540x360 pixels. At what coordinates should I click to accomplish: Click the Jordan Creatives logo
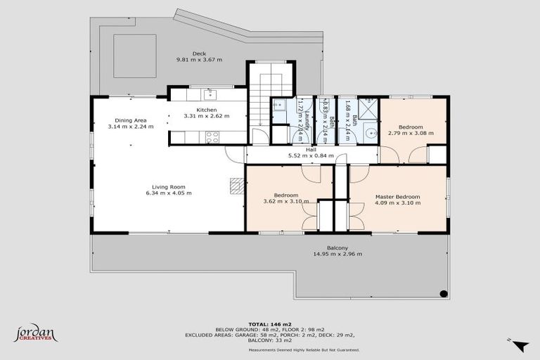(35, 333)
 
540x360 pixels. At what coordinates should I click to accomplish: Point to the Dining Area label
(130, 120)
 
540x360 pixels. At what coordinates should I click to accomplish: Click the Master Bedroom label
(398, 196)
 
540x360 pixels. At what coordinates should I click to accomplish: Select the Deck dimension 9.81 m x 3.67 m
(199, 60)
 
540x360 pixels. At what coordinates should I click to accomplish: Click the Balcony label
(337, 247)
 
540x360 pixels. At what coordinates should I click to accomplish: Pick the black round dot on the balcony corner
(444, 293)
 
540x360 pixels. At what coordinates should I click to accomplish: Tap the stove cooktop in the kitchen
(212, 136)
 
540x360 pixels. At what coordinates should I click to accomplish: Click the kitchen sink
(209, 93)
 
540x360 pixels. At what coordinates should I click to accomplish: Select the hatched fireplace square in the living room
(237, 184)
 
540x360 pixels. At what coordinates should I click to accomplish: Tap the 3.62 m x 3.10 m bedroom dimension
(285, 202)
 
